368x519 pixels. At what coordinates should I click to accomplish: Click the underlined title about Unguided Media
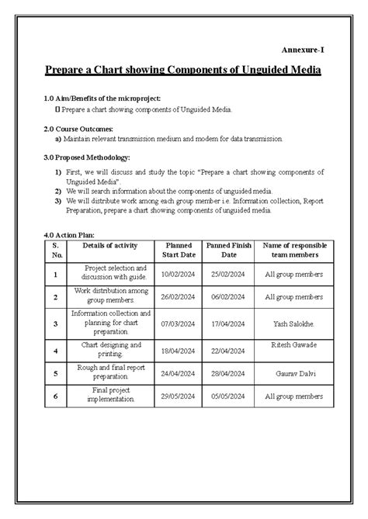[183, 71]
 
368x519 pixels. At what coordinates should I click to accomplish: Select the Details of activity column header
[110, 245]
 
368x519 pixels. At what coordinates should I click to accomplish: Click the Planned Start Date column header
[179, 250]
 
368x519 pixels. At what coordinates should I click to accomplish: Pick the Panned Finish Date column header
[229, 250]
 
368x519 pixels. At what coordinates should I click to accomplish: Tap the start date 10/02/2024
[179, 274]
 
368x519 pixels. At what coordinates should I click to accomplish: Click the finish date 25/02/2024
[229, 274]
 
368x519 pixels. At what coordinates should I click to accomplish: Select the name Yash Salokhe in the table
[293, 324]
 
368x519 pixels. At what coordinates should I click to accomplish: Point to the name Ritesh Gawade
[293, 344]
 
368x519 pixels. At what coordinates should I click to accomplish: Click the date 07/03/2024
[179, 324]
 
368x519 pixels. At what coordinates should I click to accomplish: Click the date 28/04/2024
[229, 372]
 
